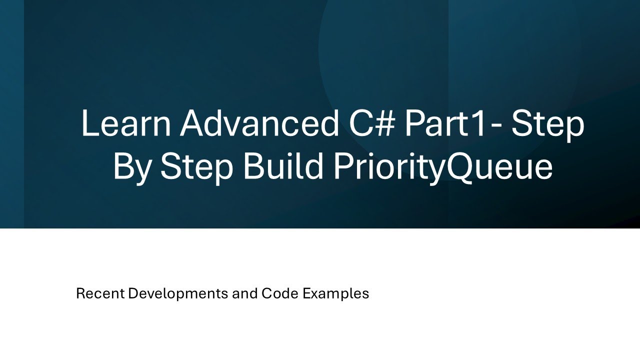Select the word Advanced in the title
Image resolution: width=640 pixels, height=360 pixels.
[259, 123]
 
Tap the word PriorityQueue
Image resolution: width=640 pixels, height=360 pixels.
[442, 168]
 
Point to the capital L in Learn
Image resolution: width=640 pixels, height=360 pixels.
[89, 123]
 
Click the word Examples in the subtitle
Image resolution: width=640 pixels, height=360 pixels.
[335, 294]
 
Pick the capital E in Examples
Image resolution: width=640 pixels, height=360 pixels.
[306, 293]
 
